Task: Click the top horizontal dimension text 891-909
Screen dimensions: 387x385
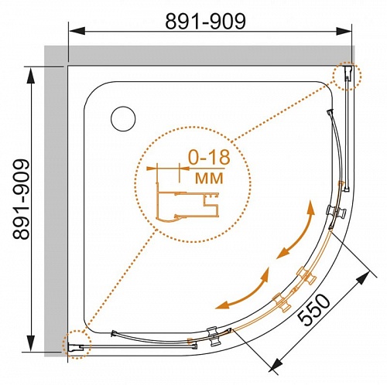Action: coord(205,21)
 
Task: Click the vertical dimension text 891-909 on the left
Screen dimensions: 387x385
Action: coord(21,199)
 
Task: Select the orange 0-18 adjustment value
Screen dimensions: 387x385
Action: coord(209,157)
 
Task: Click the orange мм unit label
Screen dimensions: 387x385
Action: coord(209,178)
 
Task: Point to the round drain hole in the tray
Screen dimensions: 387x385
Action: coord(123,119)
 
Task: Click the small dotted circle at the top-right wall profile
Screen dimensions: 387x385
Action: coord(347,76)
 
